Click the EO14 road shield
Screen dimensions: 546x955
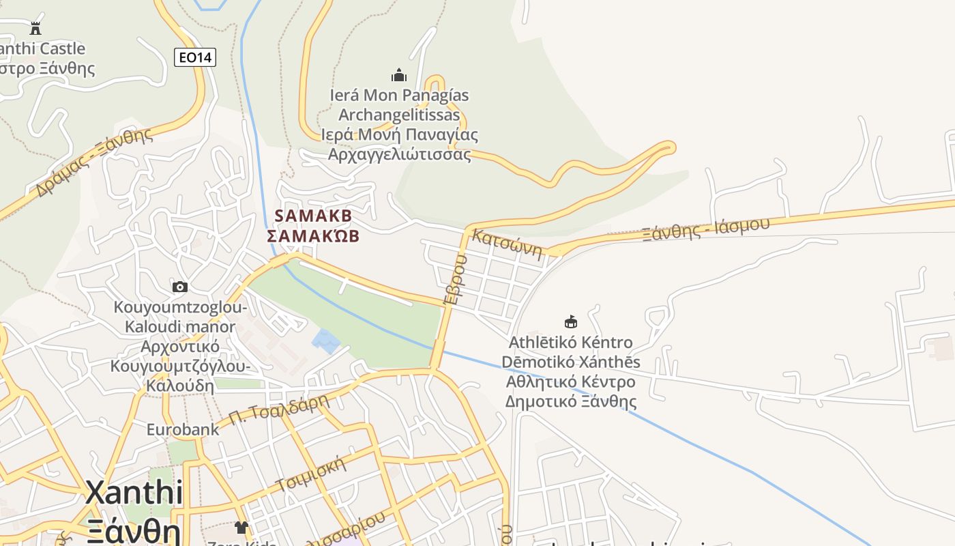[x=195, y=57]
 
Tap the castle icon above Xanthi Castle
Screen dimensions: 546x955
[x=35, y=28]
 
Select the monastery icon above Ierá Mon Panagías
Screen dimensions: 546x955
[x=399, y=74]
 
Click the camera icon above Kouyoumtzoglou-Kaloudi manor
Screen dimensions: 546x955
[x=180, y=287]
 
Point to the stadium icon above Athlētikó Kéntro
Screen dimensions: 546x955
[x=571, y=321]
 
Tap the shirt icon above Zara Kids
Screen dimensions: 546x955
[x=241, y=527]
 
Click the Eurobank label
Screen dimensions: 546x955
[x=183, y=429]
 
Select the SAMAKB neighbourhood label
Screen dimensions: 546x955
[x=313, y=216]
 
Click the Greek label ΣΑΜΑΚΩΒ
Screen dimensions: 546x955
[x=313, y=236]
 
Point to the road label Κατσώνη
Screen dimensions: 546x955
[x=507, y=245]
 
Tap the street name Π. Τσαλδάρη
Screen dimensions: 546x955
[x=279, y=410]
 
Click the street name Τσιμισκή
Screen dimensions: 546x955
[x=311, y=475]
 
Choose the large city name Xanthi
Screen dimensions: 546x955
[x=134, y=493]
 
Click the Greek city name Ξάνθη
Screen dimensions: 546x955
[x=134, y=531]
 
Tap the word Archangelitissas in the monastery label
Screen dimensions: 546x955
[x=399, y=115]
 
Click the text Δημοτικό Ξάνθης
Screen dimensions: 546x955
[x=570, y=401]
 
